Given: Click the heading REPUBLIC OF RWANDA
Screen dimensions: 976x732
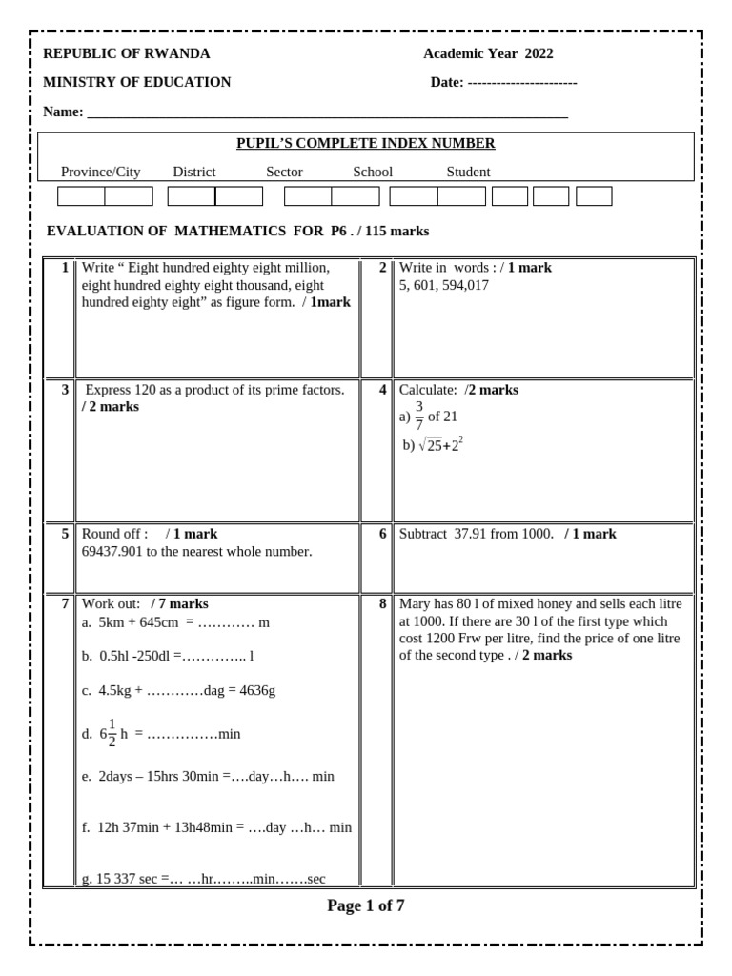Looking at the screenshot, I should coord(127,53).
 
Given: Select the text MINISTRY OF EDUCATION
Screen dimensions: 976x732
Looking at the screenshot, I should coord(137,82).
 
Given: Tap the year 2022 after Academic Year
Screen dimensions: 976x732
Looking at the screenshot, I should coord(539,53).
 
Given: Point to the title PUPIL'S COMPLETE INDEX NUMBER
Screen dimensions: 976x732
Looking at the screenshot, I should coord(365,144).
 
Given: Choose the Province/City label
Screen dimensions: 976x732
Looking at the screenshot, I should coord(100,172).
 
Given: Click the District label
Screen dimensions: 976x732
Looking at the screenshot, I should coord(194,172).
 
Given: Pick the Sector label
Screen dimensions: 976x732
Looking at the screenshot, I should coord(284,172).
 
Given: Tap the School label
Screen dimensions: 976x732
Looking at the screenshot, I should coord(373,172).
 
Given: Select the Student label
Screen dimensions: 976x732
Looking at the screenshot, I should coord(468,172).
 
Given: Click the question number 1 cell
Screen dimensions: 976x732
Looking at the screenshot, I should coord(64,268).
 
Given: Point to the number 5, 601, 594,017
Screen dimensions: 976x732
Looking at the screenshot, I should coord(444,285).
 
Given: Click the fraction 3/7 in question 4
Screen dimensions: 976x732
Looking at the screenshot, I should coord(419,417).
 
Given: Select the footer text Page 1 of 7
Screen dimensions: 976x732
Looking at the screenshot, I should coord(365,905).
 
